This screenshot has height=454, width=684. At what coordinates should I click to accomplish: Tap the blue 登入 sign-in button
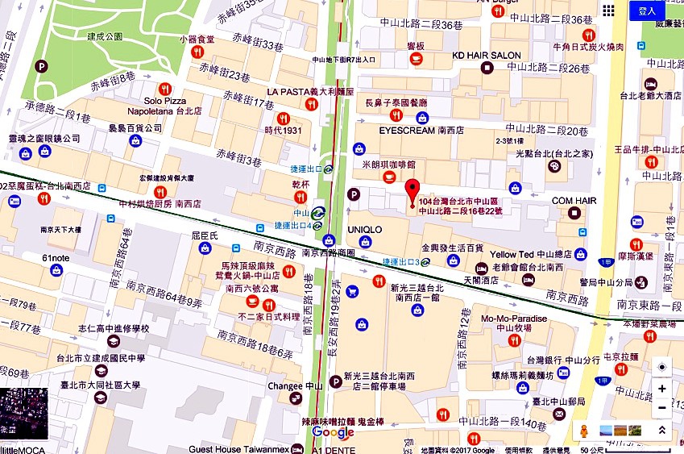click(647, 10)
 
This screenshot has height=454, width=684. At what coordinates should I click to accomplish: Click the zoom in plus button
click(661, 389)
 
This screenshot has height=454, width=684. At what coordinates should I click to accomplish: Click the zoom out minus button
click(661, 408)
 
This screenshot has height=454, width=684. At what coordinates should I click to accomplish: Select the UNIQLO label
click(364, 230)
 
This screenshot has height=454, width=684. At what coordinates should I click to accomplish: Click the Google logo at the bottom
click(333, 433)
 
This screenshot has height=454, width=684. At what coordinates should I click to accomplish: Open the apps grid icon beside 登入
click(608, 10)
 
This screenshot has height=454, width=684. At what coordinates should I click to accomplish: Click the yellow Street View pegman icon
click(585, 431)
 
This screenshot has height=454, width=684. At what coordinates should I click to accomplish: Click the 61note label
click(56, 258)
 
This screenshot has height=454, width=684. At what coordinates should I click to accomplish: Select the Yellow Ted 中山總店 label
click(536, 254)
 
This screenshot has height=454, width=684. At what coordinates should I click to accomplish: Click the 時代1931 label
click(283, 130)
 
